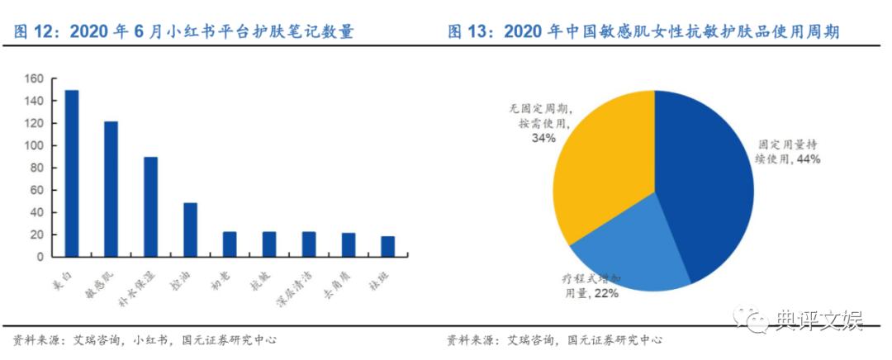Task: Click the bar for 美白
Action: click(x=72, y=173)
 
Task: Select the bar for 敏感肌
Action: click(x=111, y=189)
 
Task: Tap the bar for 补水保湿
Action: click(x=150, y=206)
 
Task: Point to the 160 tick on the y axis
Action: click(x=33, y=79)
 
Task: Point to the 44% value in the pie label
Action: click(x=806, y=159)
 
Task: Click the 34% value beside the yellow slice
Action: click(x=543, y=138)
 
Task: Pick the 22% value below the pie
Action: click(x=605, y=294)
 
